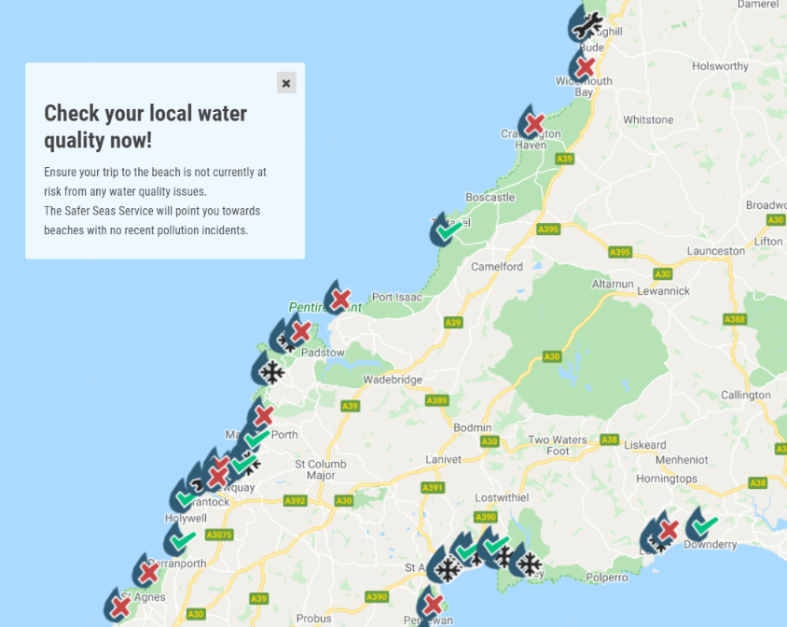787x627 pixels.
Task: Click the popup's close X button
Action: click(286, 83)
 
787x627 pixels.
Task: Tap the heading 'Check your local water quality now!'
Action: click(145, 127)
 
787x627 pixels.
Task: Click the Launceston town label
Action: click(715, 251)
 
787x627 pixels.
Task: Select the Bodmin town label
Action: click(472, 427)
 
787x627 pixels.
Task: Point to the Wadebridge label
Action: click(393, 380)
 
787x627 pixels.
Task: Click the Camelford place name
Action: click(497, 267)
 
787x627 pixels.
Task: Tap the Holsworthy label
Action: click(720, 66)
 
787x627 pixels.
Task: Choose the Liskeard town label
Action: click(644, 445)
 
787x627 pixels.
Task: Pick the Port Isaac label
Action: click(397, 298)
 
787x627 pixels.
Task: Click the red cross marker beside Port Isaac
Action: click(340, 299)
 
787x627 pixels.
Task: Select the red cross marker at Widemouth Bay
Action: click(585, 67)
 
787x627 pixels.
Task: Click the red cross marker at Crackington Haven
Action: click(534, 122)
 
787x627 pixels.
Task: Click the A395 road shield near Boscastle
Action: click(548, 230)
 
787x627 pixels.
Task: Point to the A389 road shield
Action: click(436, 400)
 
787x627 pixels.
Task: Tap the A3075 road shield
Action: click(218, 536)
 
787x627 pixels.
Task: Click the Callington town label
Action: click(745, 395)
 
